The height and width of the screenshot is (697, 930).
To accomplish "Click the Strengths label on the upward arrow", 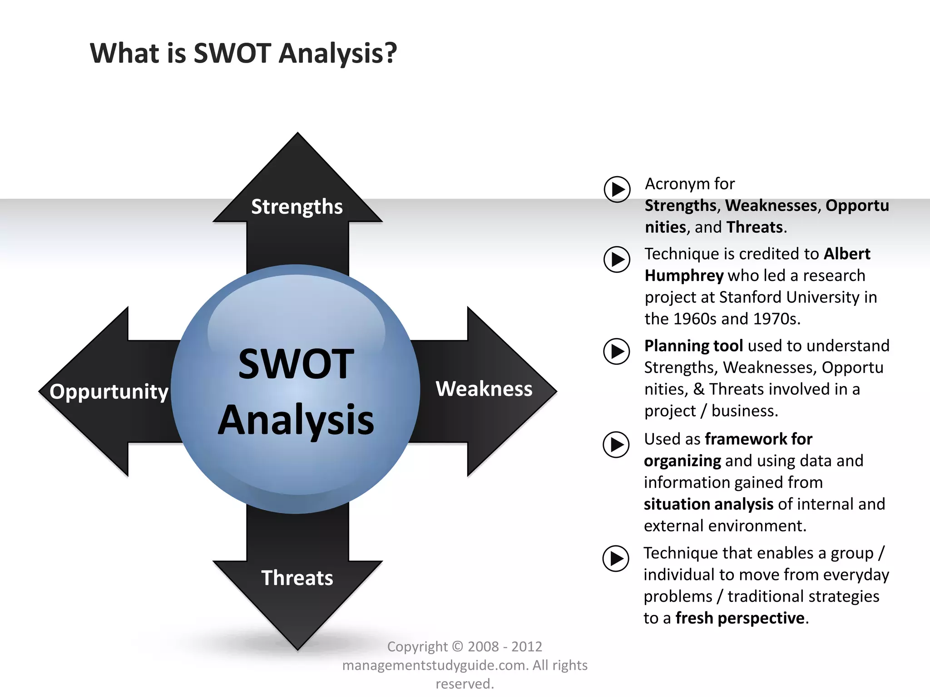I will [x=297, y=207].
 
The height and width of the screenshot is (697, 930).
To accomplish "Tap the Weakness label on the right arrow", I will [x=484, y=389].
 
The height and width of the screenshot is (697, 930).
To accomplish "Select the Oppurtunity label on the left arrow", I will [x=109, y=391].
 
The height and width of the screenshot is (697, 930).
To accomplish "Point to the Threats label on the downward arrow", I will [x=297, y=578].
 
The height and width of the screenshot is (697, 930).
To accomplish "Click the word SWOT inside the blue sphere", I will [x=296, y=364].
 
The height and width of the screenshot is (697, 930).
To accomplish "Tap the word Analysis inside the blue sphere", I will [x=296, y=420].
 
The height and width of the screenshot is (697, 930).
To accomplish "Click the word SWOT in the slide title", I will [x=232, y=53].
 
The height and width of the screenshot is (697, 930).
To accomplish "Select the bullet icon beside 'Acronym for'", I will [x=617, y=189].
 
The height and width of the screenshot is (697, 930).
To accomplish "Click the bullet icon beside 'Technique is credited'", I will [x=617, y=259].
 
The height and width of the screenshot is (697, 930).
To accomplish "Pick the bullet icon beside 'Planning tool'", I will [x=617, y=351].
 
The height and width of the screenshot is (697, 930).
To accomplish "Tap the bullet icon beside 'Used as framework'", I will [x=616, y=444].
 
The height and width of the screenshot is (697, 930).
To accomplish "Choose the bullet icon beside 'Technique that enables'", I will [x=616, y=558].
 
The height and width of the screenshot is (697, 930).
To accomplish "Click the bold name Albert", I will [x=847, y=254].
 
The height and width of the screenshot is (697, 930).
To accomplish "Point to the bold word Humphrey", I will [x=684, y=275].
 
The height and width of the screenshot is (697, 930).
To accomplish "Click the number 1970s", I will [x=776, y=319].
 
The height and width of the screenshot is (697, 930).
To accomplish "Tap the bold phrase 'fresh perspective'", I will [x=740, y=618].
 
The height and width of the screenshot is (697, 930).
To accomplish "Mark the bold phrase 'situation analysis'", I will [x=708, y=504].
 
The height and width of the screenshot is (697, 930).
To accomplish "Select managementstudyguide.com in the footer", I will [x=435, y=665].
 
